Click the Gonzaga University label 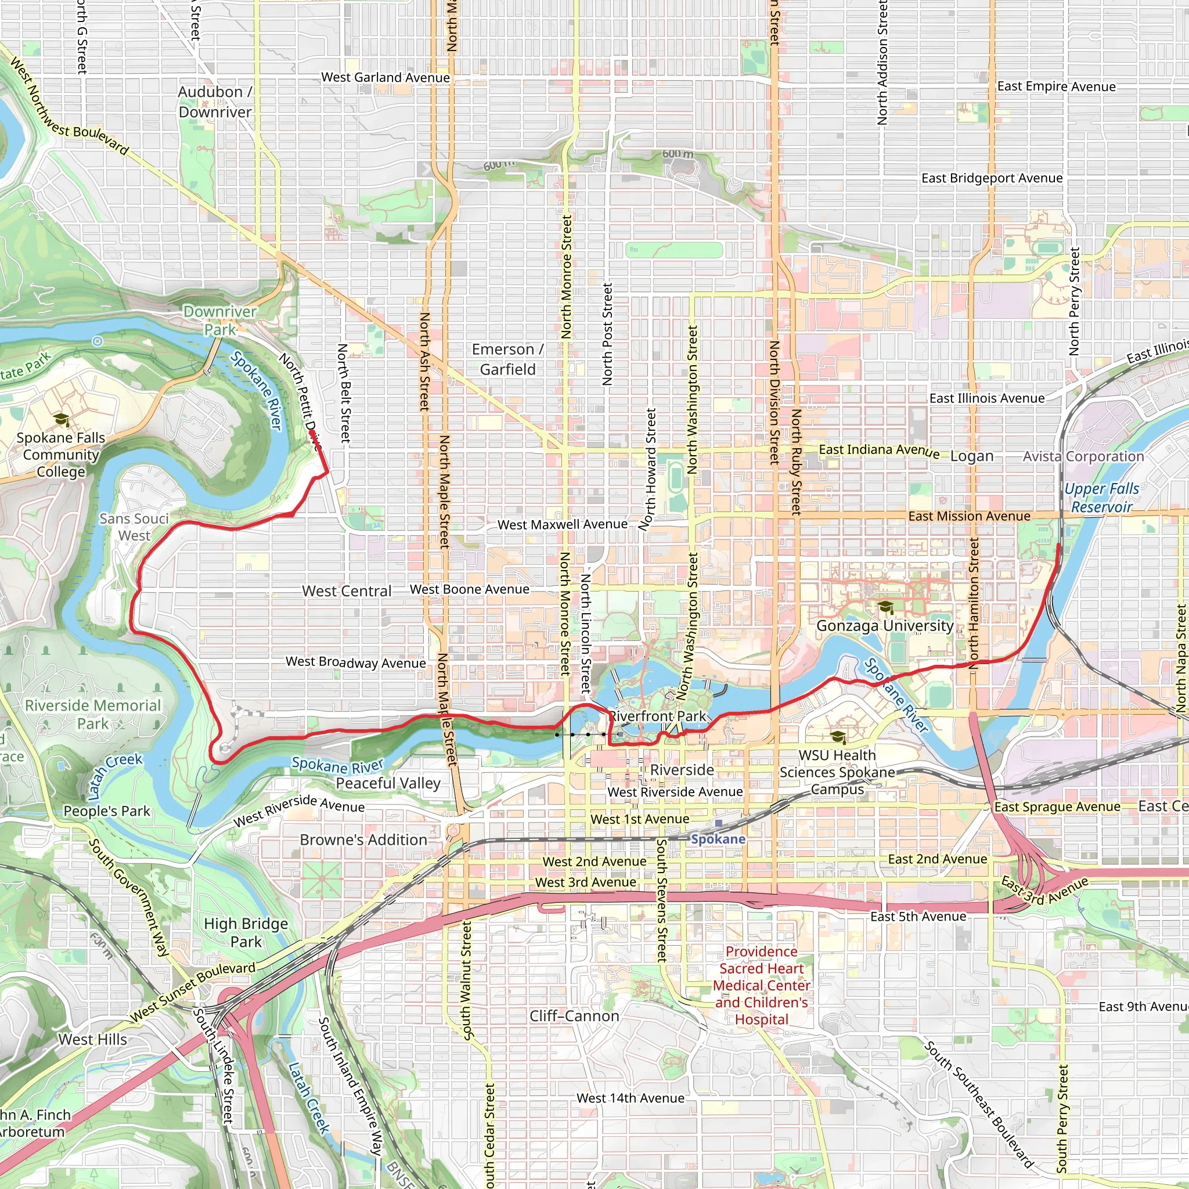click(884, 626)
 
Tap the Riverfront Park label click(658, 716)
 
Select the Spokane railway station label click(718, 839)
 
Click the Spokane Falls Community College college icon click(61, 420)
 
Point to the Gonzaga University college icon click(885, 608)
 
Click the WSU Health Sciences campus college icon click(837, 737)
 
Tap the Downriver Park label click(219, 320)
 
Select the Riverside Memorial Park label click(93, 714)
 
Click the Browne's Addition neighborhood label click(363, 840)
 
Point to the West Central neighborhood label click(347, 592)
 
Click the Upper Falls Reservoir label click(1101, 498)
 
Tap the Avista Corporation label click(1083, 457)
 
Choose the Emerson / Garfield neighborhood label click(508, 359)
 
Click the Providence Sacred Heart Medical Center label click(761, 985)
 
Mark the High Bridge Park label click(246, 932)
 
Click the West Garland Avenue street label click(385, 78)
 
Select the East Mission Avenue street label click(970, 516)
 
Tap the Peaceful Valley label click(388, 783)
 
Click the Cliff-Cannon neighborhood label click(574, 1016)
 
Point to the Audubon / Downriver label click(215, 102)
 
